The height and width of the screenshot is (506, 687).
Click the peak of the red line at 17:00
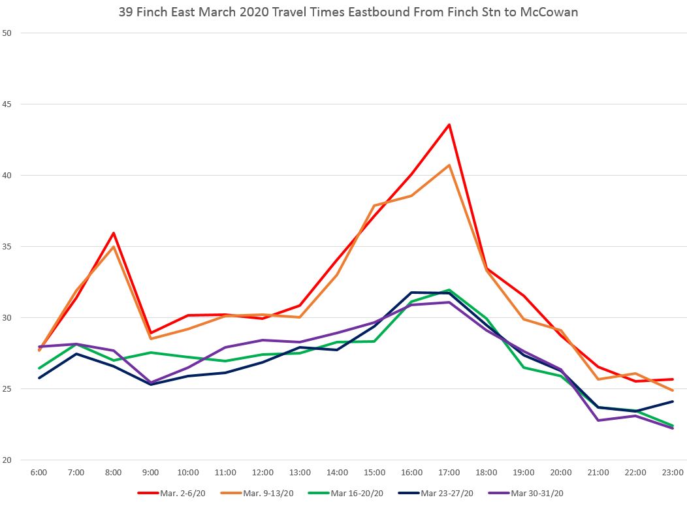point(449,125)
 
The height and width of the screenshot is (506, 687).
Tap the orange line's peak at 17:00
point(449,165)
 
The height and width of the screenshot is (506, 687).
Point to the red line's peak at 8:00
point(114,233)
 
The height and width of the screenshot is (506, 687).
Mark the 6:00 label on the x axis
point(39,472)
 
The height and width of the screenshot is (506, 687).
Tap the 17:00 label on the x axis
point(449,472)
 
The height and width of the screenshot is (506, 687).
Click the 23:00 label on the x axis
point(673,472)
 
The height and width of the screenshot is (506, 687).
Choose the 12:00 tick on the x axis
point(263,472)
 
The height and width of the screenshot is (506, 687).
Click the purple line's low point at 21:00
point(598,420)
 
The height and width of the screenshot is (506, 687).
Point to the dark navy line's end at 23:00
point(673,402)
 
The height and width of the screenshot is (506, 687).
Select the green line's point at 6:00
point(39,368)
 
